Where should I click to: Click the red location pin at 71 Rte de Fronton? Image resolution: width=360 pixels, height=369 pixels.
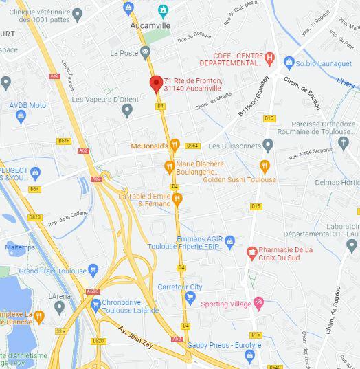(x=156, y=83)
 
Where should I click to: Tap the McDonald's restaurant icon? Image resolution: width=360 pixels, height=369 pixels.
(x=175, y=146)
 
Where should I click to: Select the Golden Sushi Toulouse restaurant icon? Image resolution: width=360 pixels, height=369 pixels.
(x=265, y=166)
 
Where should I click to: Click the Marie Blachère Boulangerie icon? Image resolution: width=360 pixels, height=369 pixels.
(x=169, y=166)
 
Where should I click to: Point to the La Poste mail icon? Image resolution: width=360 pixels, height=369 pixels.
(x=146, y=52)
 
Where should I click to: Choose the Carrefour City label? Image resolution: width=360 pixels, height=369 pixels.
(x=181, y=287)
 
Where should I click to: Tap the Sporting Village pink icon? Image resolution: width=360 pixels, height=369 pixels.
(x=259, y=302)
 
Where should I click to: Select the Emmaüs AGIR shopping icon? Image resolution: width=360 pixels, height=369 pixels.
(x=230, y=241)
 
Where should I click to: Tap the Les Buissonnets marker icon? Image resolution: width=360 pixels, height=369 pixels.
(x=268, y=145)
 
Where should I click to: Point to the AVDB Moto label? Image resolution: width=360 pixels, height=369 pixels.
(x=27, y=105)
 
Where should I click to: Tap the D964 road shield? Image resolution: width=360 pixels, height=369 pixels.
(x=192, y=146)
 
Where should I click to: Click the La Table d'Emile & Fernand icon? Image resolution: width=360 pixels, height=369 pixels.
(x=177, y=199)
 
